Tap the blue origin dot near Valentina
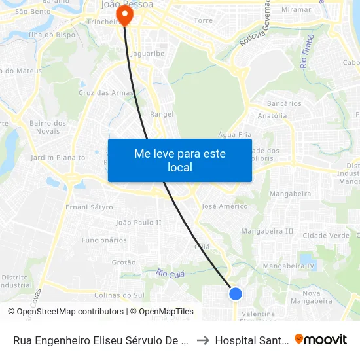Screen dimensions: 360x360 coord(236,294)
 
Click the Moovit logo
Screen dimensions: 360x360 coord(320,339)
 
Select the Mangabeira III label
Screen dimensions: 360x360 coord(267,231)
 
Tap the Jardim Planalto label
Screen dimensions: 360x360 coord(58,158)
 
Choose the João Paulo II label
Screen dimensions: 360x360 coord(138,223)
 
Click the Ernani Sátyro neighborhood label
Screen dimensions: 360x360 coord(89,207)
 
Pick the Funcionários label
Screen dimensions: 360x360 coord(104,240)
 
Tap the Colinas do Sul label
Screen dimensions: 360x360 coord(119,295)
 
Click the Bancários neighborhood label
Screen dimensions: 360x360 coord(284,103)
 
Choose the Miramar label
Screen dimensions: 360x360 coord(296,10)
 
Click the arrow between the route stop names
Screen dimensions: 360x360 coord(202,340)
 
